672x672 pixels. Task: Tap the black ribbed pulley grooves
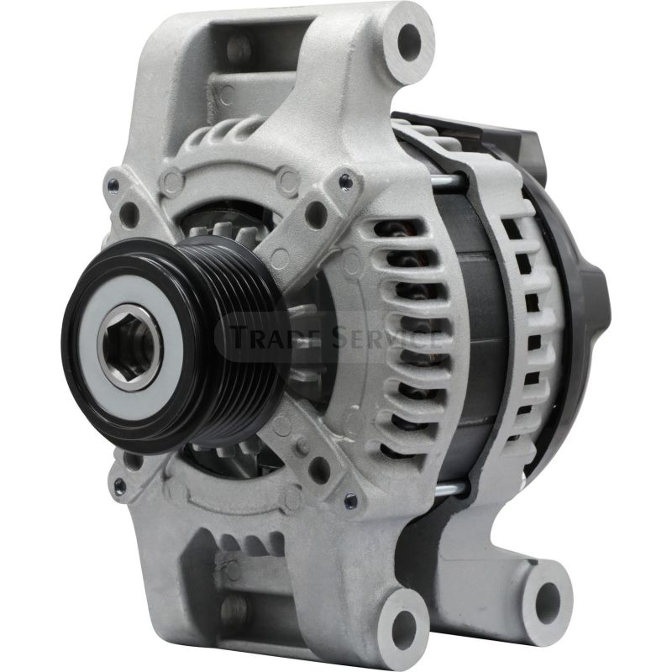(x=240, y=339)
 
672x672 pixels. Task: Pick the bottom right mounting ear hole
(x=549, y=597)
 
